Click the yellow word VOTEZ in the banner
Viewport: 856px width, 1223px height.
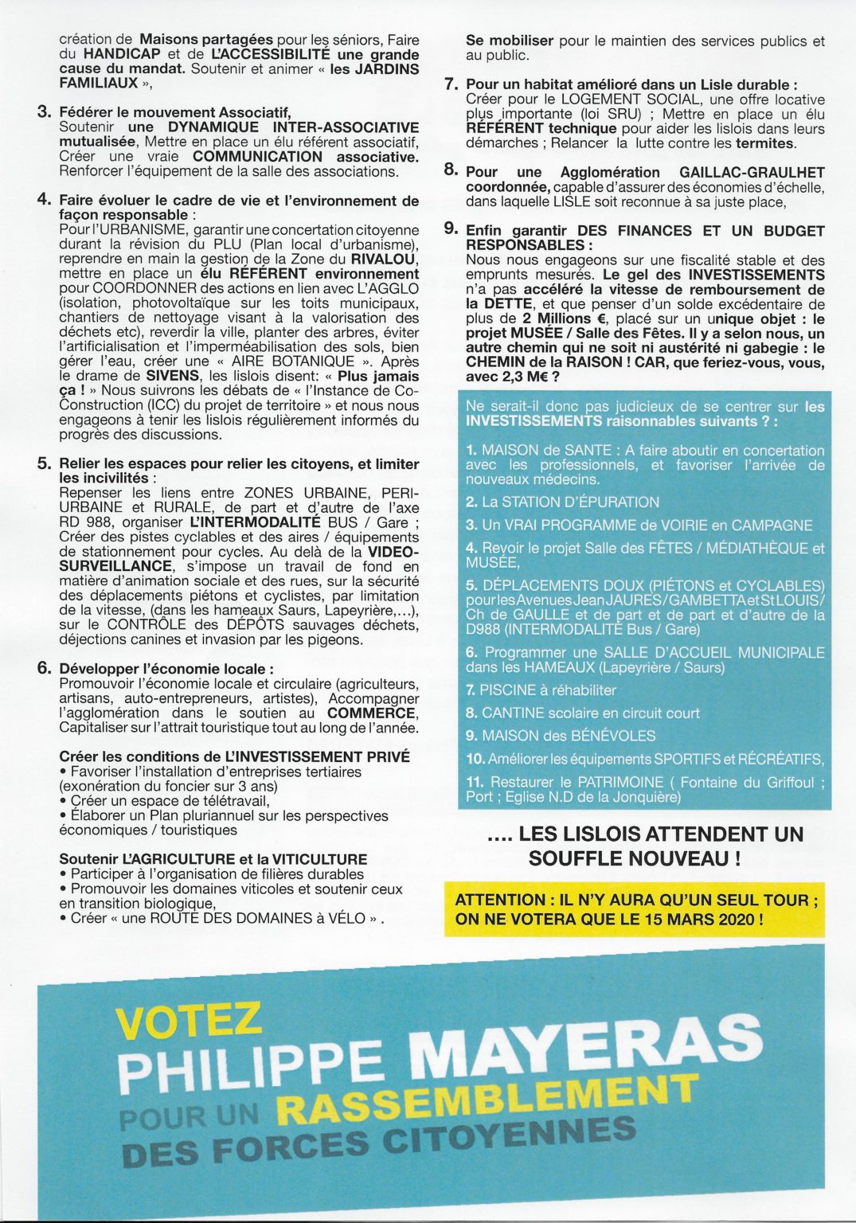tap(189, 1022)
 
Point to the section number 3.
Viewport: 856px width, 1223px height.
tap(45, 112)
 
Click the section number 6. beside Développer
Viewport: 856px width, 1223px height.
tap(45, 668)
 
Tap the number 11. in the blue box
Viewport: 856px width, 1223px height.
tap(475, 783)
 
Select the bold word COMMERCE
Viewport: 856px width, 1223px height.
tap(372, 713)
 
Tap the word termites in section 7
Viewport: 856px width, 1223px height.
tap(765, 143)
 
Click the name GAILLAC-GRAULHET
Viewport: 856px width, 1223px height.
tap(752, 172)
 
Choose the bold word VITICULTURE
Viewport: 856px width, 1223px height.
tap(319, 859)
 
